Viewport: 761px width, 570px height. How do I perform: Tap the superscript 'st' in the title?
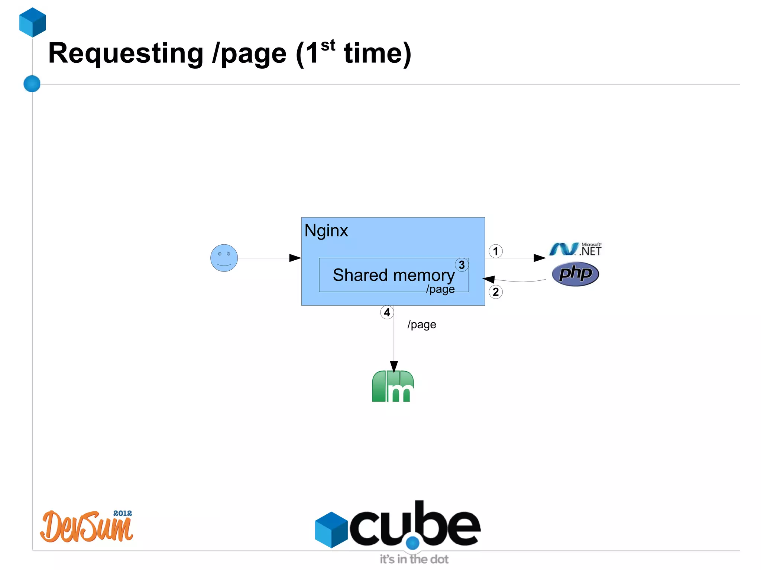328,46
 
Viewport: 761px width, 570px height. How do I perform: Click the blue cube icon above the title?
33,22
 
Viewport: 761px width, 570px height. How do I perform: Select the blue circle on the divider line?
32,84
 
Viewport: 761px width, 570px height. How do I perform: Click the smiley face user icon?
224,258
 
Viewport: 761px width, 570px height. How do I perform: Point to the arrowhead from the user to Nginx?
295,258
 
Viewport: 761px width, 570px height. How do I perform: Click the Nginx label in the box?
326,231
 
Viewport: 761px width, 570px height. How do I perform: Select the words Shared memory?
393,275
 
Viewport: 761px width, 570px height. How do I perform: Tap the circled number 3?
462,265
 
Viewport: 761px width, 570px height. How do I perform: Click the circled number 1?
495,251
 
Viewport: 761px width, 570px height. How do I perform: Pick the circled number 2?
495,292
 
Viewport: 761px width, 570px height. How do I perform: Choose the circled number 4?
387,312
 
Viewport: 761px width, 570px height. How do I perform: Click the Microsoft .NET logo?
575,249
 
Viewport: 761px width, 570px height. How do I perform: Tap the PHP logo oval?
575,274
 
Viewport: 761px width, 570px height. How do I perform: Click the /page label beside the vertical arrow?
422,325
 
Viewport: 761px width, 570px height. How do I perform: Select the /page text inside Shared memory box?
440,289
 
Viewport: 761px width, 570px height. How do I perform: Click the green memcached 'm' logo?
393,386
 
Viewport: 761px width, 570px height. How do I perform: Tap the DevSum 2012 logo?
87,527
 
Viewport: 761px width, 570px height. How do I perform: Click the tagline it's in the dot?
414,559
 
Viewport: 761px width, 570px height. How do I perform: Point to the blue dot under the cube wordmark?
412,543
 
